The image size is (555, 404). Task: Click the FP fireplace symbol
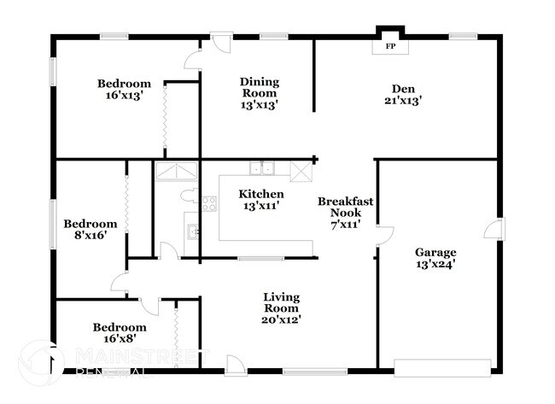(x=390, y=44)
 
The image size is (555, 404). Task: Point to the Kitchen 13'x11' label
(x=260, y=199)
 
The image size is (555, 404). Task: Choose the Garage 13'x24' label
(x=435, y=257)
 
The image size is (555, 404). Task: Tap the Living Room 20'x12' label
(x=281, y=307)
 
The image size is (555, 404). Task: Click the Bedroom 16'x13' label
(x=124, y=90)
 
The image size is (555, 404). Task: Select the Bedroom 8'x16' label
(x=90, y=229)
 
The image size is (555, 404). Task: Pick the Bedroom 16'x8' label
(x=120, y=332)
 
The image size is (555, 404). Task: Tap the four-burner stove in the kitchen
(x=207, y=203)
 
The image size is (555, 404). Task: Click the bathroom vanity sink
(x=193, y=229)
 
